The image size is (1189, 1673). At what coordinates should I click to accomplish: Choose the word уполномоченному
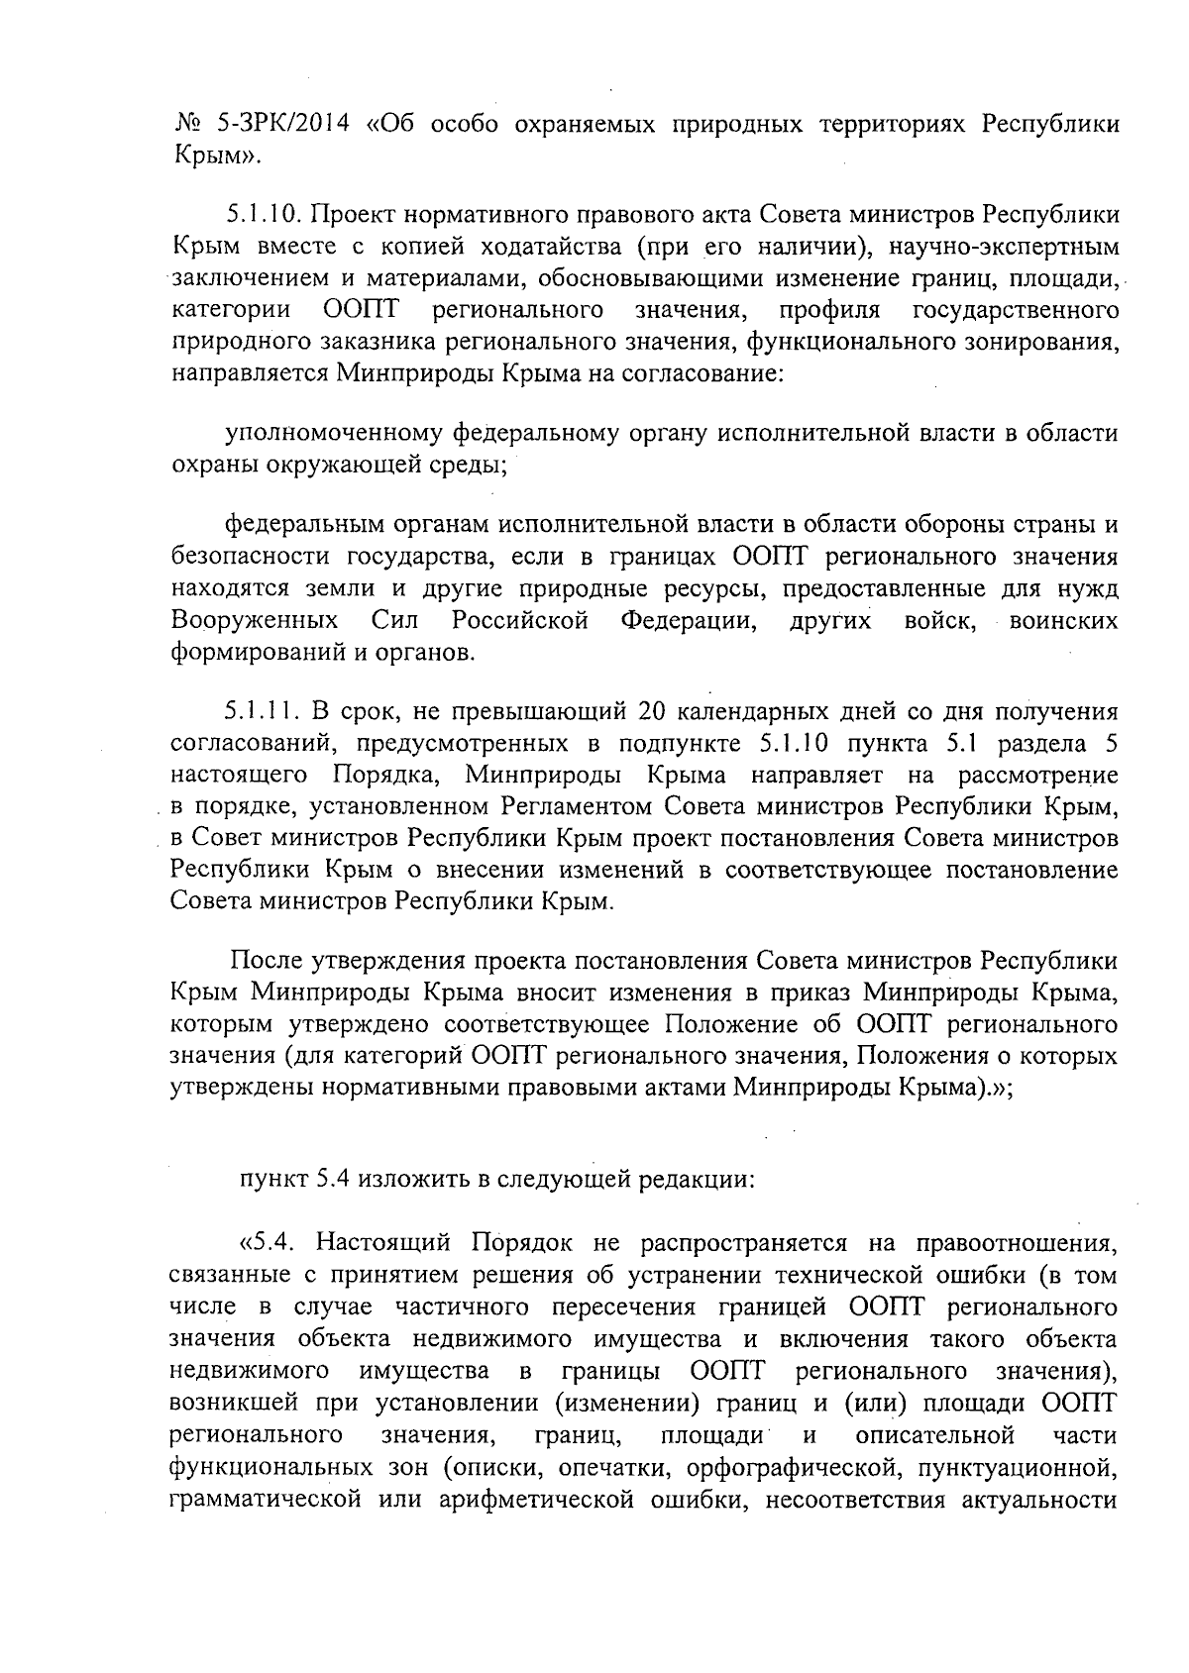coord(334,433)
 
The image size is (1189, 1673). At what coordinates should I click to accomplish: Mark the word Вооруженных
coord(253,622)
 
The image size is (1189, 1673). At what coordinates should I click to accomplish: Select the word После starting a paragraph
coord(267,961)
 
